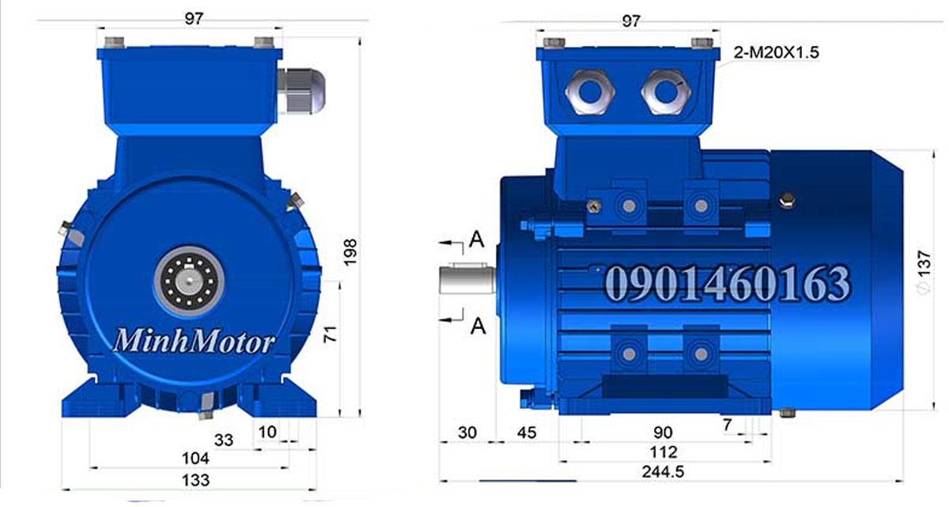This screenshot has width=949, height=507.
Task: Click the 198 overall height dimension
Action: coord(352,252)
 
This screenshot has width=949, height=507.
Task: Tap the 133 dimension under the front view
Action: coord(195,479)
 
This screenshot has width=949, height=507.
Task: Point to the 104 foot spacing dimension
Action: coord(195,458)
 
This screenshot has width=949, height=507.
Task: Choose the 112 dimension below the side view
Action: coord(663,452)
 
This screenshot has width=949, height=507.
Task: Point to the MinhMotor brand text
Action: coord(195,342)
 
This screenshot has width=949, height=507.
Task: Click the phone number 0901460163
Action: coord(728,283)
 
